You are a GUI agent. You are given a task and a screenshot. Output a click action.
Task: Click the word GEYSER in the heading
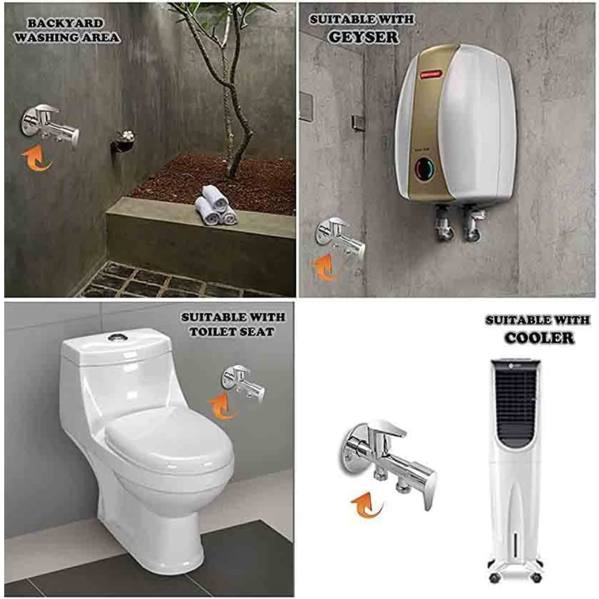tap(364, 37)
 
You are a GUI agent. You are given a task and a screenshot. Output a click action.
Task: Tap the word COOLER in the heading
tap(539, 338)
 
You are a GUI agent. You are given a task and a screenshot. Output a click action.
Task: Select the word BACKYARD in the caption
tap(65, 23)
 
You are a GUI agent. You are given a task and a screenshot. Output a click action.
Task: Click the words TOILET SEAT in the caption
tap(232, 331)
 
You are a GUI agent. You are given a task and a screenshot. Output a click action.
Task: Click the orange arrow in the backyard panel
tap(36, 158)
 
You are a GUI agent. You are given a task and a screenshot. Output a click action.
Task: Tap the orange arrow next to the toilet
tap(222, 407)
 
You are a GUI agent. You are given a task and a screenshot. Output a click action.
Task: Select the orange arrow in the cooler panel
tap(367, 504)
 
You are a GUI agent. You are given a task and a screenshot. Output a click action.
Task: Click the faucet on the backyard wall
tap(50, 125)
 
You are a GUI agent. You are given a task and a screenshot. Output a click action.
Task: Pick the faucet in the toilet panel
tap(244, 382)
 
